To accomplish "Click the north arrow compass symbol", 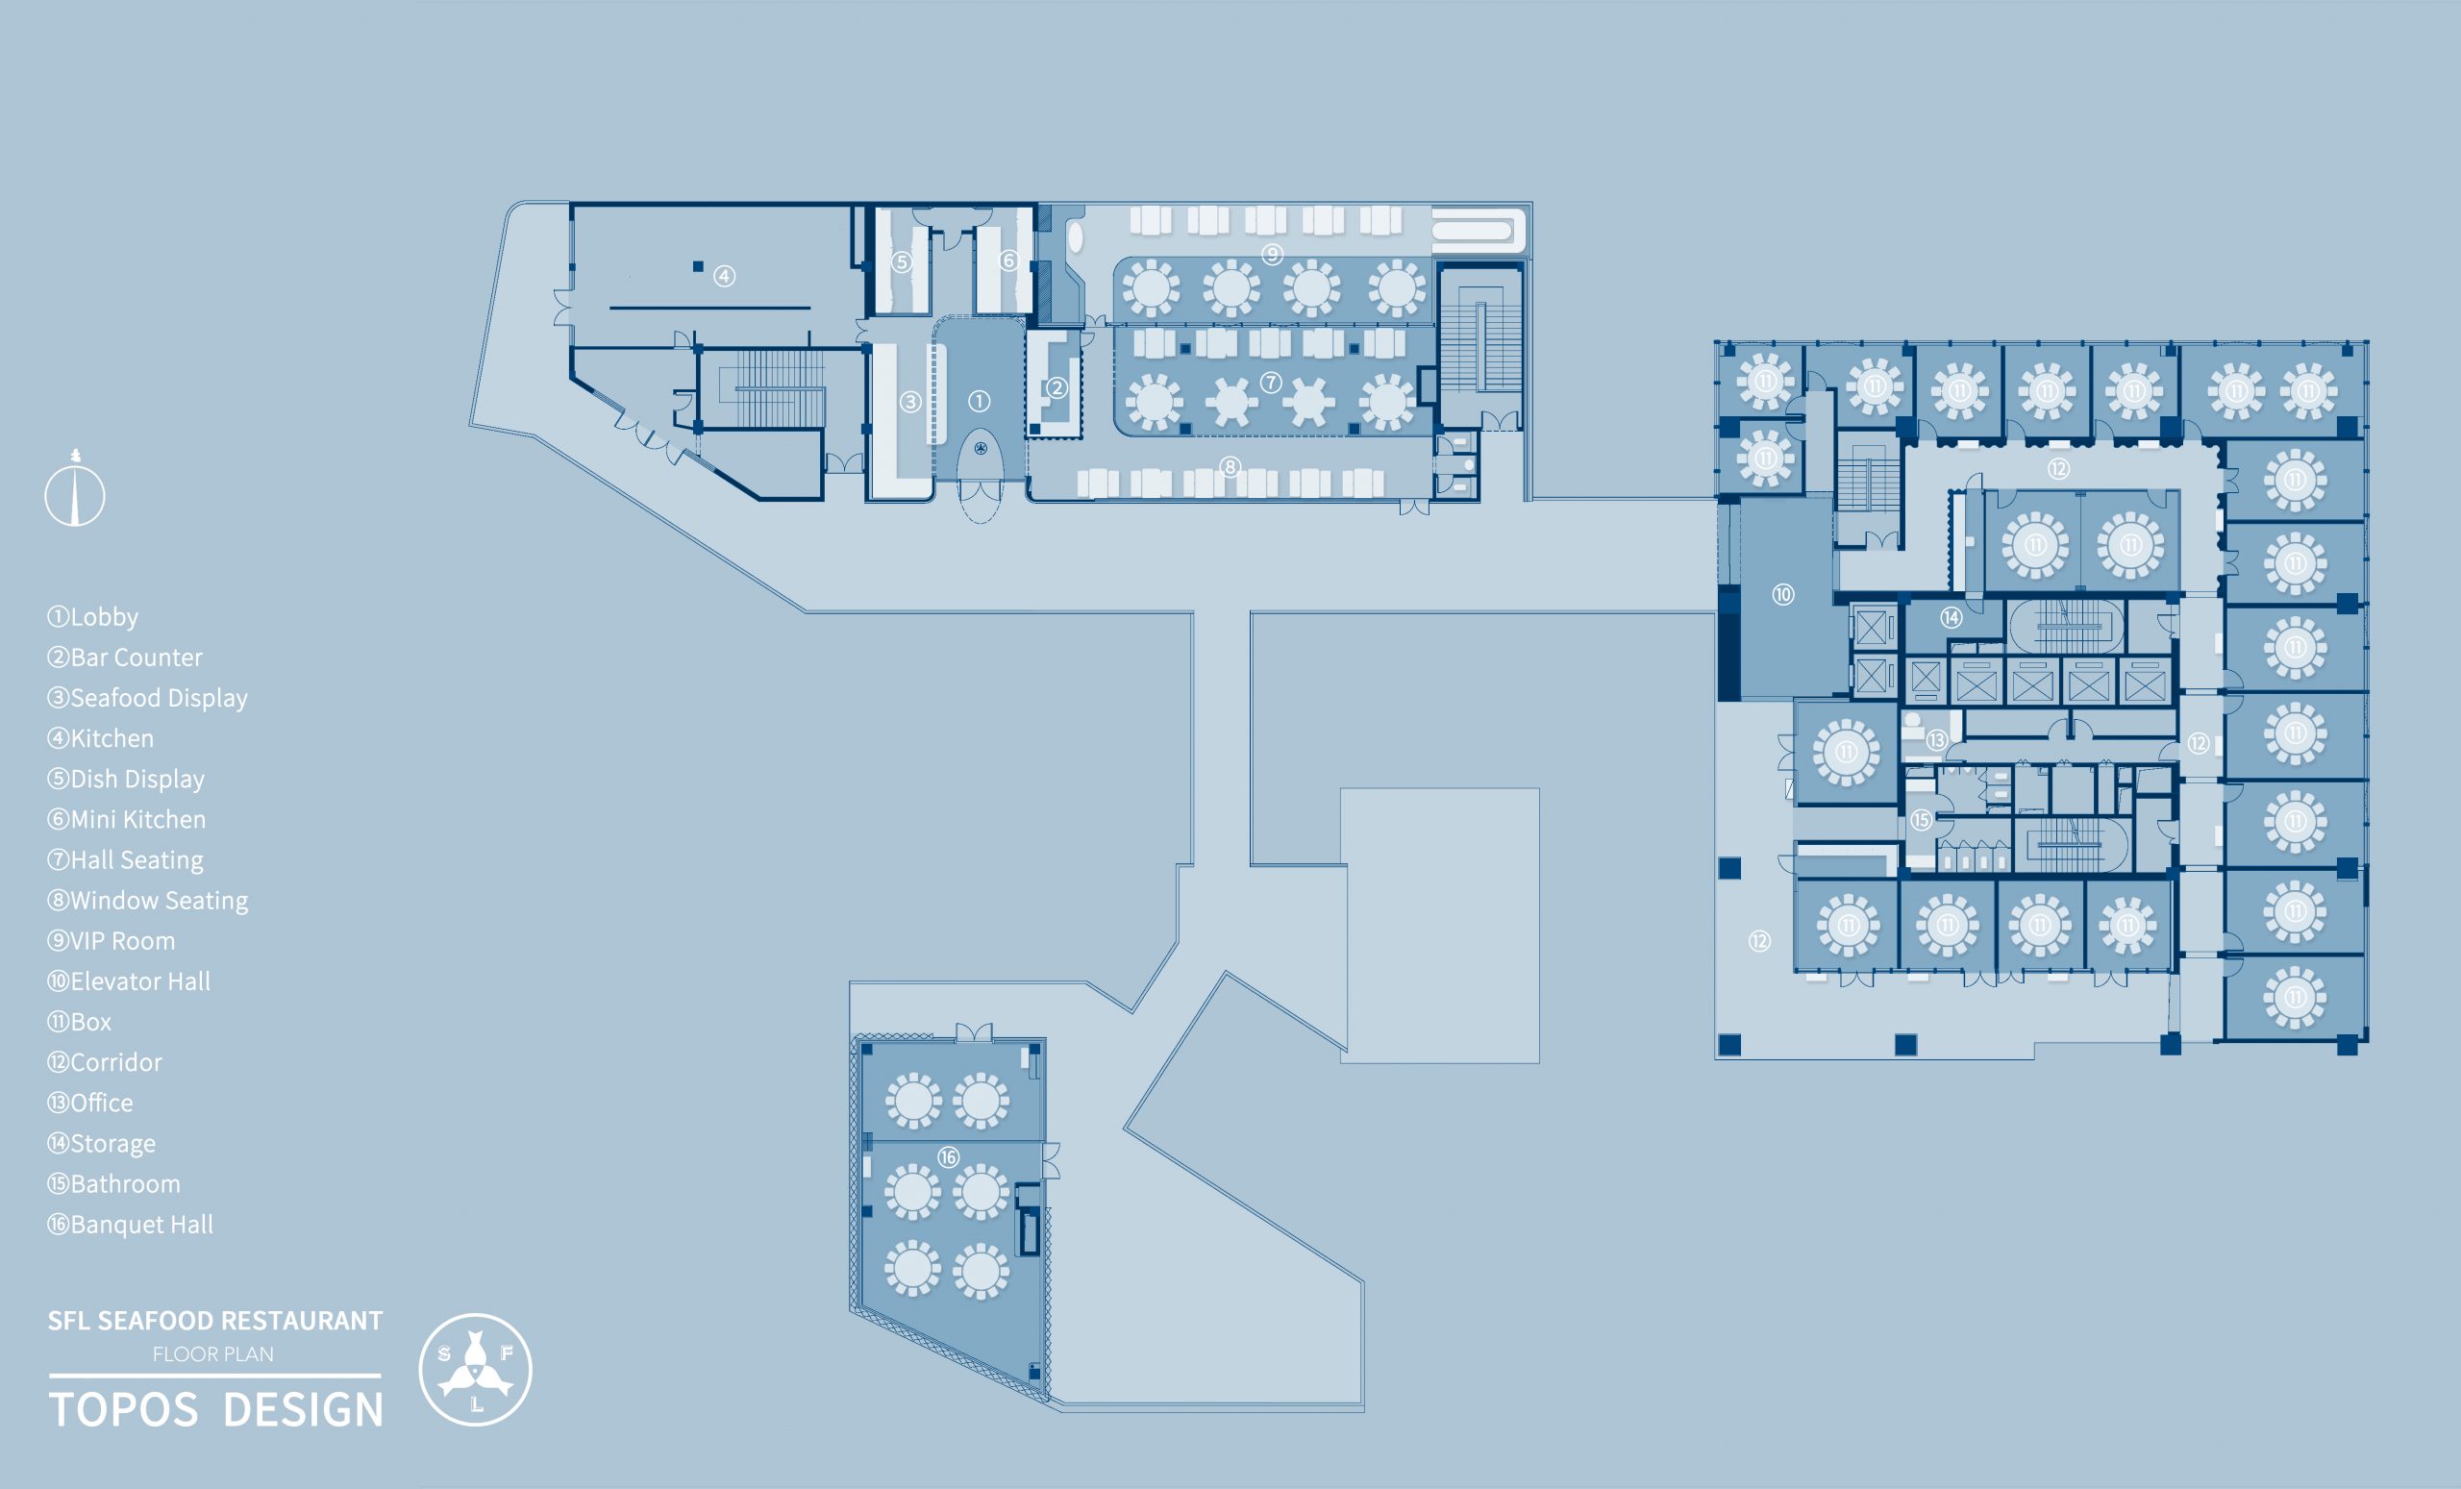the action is tap(75, 488).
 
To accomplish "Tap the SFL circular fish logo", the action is tap(476, 1369).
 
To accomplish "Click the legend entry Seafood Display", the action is tap(148, 698).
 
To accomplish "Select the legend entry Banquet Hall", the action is tap(131, 1225).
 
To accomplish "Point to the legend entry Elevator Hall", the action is tap(129, 981).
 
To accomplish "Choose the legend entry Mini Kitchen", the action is tap(127, 820).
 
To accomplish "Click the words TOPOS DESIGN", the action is tap(215, 1409).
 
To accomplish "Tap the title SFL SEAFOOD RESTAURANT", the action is tap(214, 1320).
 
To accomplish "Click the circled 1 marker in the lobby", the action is tap(979, 402).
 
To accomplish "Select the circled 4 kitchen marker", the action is tap(724, 276).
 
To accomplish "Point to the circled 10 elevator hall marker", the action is tap(1783, 595).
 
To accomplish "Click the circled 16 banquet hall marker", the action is tap(948, 1157).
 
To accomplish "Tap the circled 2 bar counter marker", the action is tap(1056, 388).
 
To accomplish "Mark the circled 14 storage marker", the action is tap(1951, 617).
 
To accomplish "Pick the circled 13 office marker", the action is tap(1937, 740).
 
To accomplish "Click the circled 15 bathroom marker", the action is tap(1921, 820).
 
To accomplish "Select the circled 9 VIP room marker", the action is tap(1272, 255).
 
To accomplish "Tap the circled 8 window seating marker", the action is tap(1230, 466).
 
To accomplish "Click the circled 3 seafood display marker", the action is tap(909, 402).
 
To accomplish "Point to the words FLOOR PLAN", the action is tap(212, 1354).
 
